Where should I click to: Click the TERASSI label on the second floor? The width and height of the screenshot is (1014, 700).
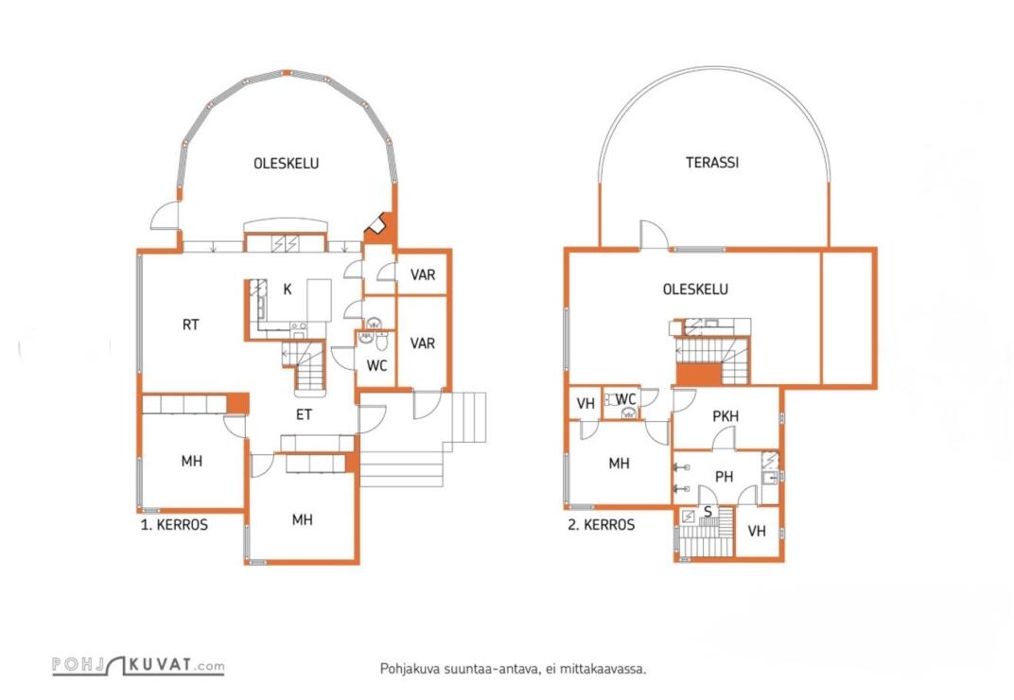(712, 163)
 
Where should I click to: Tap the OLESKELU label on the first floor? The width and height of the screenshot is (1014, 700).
(286, 164)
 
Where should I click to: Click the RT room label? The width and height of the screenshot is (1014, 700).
(191, 324)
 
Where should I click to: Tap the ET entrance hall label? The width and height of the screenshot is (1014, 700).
(304, 414)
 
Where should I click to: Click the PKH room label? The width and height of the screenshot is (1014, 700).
(726, 416)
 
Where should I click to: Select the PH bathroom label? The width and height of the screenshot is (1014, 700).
(724, 477)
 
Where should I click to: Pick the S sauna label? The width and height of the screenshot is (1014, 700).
(708, 512)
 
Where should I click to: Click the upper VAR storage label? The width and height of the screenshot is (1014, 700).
(422, 275)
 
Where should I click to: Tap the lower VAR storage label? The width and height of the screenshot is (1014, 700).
(422, 343)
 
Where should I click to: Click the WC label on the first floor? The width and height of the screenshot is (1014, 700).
(376, 365)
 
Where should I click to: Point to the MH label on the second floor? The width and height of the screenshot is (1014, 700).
(619, 464)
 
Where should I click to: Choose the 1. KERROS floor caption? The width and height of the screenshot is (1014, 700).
(174, 524)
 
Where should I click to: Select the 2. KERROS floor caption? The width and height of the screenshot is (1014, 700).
(601, 525)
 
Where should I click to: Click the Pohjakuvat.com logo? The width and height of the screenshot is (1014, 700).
(138, 667)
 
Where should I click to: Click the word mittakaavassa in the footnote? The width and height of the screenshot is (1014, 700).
(603, 669)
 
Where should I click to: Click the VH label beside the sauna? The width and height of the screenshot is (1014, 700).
(757, 532)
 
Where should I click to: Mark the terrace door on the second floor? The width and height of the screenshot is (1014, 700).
(654, 236)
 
